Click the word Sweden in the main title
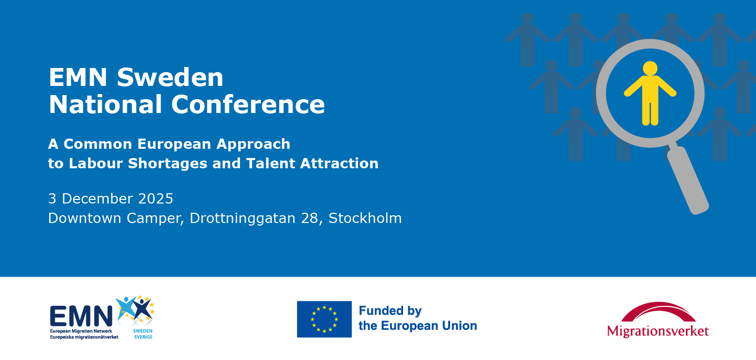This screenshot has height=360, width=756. pos(170,77)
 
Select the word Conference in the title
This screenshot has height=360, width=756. pos(248,104)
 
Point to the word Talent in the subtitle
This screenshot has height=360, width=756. pos(270,163)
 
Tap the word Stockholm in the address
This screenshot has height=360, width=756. pos(365,218)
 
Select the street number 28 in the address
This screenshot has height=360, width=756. pos(309,218)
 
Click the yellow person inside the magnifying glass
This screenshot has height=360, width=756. pos(650,94)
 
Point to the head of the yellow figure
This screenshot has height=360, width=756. pos(650,68)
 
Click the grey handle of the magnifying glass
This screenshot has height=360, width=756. pos(688,179)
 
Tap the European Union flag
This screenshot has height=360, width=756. pos(324,319)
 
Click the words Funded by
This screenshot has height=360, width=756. pos(390,311)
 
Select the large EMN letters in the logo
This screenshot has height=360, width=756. pos(81,316)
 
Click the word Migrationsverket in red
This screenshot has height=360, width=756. pos(658,331)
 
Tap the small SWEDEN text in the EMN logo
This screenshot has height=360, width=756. pos(143,331)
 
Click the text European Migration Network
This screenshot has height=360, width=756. pos(81,331)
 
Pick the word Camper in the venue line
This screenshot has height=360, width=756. pos(155,218)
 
